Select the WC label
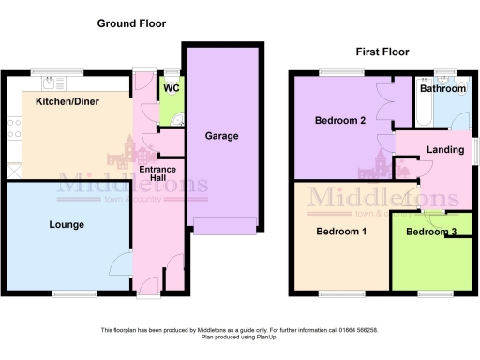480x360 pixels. point(171,88)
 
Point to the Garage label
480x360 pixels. point(221,136)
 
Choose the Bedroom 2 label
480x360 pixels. point(340,120)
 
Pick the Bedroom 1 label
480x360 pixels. point(341,232)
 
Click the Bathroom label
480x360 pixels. point(442,88)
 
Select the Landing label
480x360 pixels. point(445,150)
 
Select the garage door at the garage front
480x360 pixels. point(224,225)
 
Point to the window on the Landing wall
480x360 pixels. point(472,150)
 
